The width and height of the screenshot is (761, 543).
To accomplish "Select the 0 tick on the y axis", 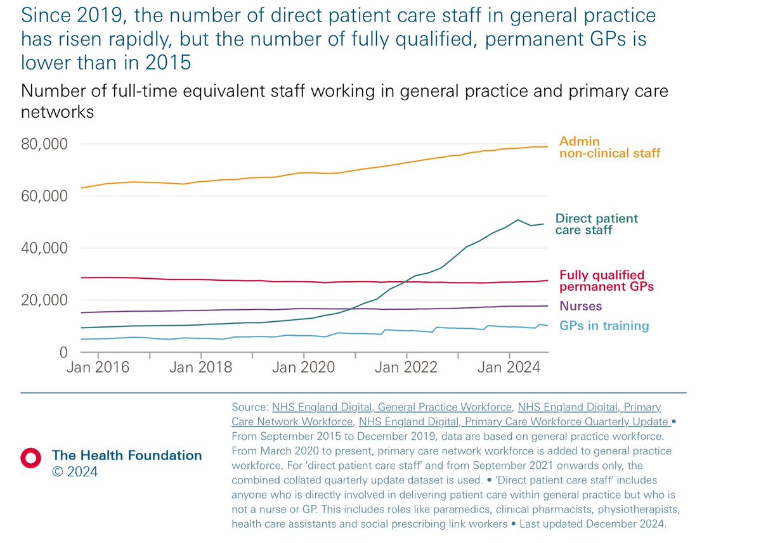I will pos(63,352).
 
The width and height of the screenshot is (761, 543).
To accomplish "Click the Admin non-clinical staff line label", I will pos(609,147).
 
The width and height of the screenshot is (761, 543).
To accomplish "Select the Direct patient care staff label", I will pos(596,224).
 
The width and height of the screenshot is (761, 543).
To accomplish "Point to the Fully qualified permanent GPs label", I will pos(606,281).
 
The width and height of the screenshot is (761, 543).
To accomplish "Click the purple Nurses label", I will pos(580,306).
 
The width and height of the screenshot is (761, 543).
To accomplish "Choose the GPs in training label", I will pos(604,326).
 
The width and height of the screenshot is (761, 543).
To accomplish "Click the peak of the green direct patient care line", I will pos(518,220).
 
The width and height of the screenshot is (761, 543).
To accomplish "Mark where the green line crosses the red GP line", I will pos(406,281).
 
